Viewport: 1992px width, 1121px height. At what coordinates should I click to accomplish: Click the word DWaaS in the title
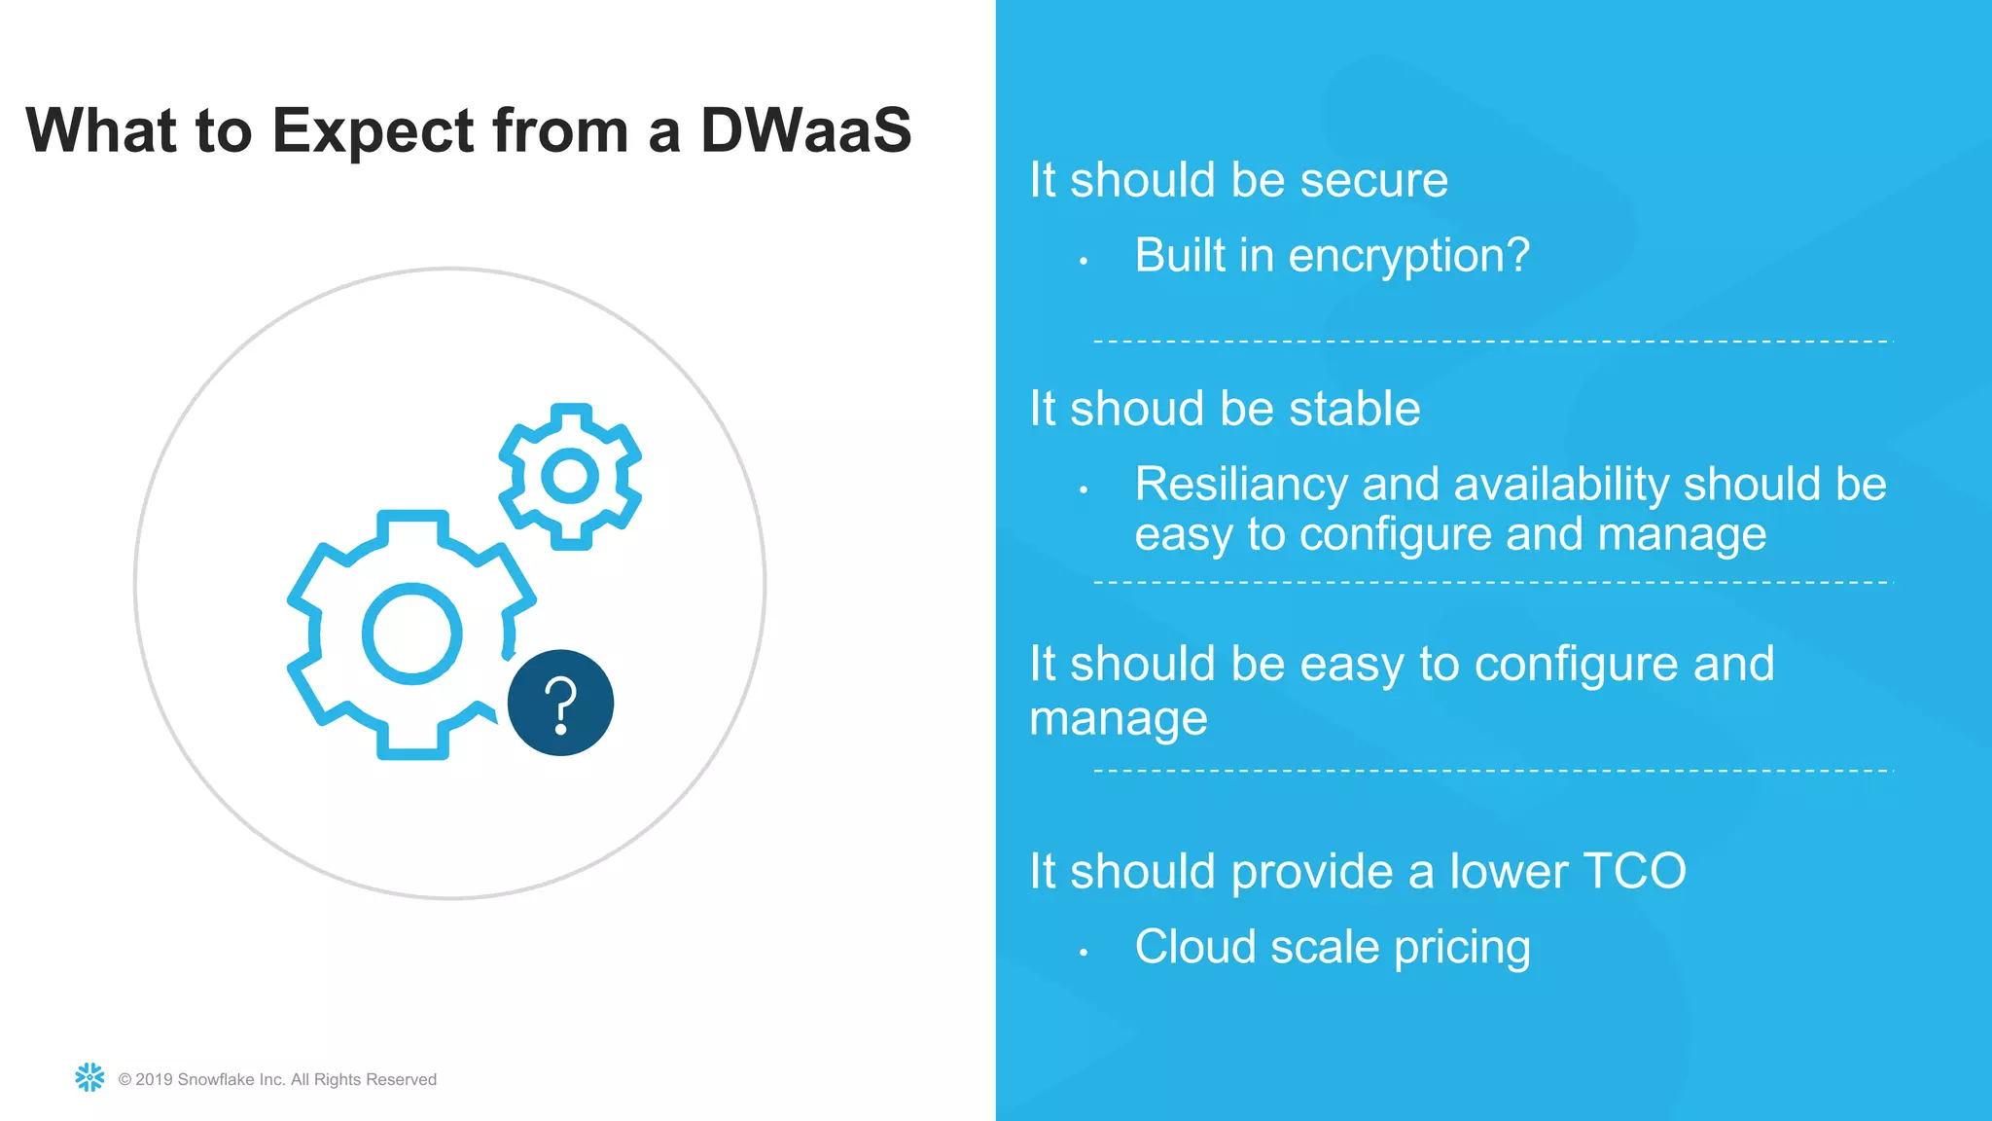(805, 130)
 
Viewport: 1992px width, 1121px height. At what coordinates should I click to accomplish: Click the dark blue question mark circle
(560, 703)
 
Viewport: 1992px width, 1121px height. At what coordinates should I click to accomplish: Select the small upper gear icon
(570, 477)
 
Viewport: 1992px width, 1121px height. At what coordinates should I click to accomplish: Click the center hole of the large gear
(411, 633)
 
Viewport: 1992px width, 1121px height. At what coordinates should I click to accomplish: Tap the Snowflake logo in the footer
(89, 1077)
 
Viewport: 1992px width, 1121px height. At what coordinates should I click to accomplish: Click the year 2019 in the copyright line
(154, 1079)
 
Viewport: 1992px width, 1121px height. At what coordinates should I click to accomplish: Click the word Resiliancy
(1240, 484)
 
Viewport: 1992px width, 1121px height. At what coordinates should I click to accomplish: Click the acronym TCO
(1634, 870)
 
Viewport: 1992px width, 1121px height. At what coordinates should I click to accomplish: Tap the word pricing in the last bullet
(1462, 947)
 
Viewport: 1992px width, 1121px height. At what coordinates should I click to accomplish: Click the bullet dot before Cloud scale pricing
(1083, 953)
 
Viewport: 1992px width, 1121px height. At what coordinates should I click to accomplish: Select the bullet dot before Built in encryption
(1083, 261)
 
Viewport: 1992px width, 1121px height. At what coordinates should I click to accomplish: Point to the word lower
(1507, 870)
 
